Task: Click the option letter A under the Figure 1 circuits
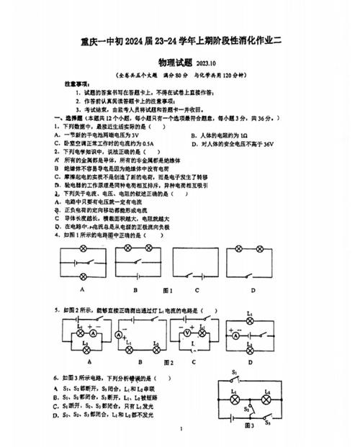83,289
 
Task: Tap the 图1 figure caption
168,290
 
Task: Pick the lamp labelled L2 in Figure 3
267,397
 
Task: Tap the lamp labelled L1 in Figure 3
234,397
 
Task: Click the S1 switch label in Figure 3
235,374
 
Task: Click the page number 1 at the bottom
182,430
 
